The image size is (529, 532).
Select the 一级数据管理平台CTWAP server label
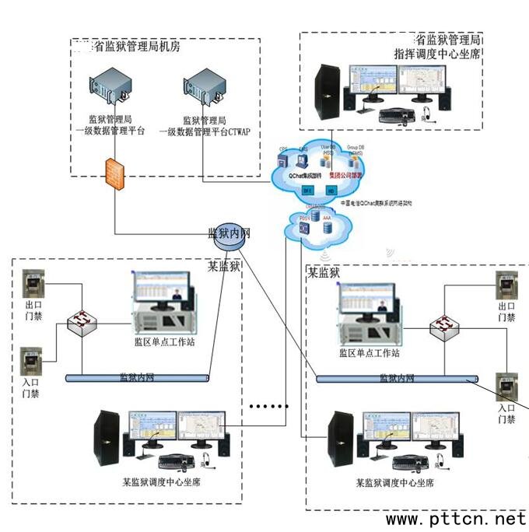click(x=205, y=126)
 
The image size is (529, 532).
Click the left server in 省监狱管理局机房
click(x=106, y=86)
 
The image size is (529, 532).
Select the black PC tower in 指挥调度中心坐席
click(x=327, y=91)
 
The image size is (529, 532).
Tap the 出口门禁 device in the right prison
click(x=506, y=286)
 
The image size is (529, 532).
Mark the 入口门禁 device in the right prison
click(x=507, y=384)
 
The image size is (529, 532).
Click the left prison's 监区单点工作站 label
click(x=164, y=341)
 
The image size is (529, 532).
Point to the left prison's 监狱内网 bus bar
click(x=137, y=377)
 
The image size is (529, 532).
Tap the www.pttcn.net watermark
click(x=456, y=518)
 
